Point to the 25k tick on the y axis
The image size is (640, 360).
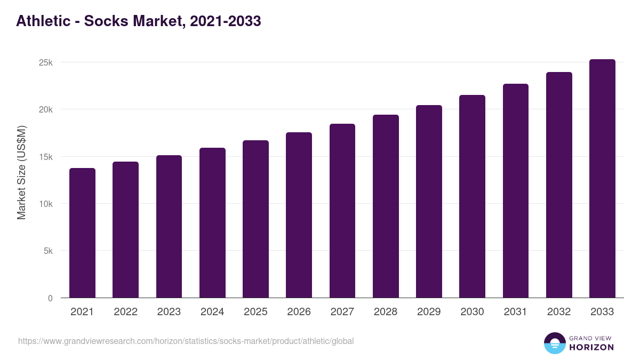click(x=46, y=62)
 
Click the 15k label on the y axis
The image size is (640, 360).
click(x=46, y=157)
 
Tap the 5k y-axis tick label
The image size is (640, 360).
click(x=48, y=251)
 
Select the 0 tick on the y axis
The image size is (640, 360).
click(x=50, y=298)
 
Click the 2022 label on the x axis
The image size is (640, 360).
click(x=125, y=312)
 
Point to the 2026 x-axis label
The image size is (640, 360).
click(x=299, y=312)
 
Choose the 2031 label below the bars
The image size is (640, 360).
click(x=515, y=312)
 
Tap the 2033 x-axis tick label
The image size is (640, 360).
click(x=602, y=312)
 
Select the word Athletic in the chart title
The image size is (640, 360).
click(x=43, y=21)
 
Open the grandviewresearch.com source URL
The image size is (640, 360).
click(x=186, y=341)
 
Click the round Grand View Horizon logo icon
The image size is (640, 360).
click(x=554, y=343)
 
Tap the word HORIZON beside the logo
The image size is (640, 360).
click(x=591, y=347)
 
